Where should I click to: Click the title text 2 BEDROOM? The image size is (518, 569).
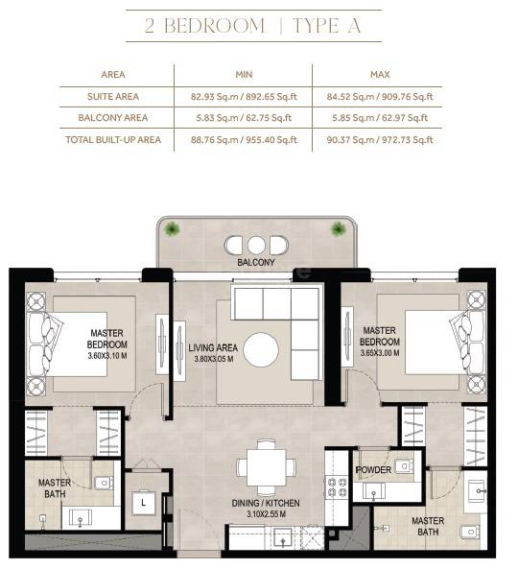(x=205, y=26)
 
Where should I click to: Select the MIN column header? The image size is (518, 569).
(x=243, y=74)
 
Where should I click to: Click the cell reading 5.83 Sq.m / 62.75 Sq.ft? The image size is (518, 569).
(x=243, y=118)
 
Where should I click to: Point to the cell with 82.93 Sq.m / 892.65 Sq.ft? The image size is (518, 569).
(x=243, y=96)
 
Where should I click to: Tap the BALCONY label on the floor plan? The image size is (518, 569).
(x=255, y=262)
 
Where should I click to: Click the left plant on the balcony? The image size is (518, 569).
(x=172, y=228)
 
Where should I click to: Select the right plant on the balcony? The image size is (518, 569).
(x=338, y=228)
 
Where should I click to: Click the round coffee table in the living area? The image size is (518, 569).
(x=261, y=346)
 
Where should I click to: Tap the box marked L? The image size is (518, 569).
(x=143, y=501)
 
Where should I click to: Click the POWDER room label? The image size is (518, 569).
(x=373, y=470)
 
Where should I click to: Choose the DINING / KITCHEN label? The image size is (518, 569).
(x=265, y=503)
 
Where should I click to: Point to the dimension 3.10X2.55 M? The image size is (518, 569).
(x=266, y=515)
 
